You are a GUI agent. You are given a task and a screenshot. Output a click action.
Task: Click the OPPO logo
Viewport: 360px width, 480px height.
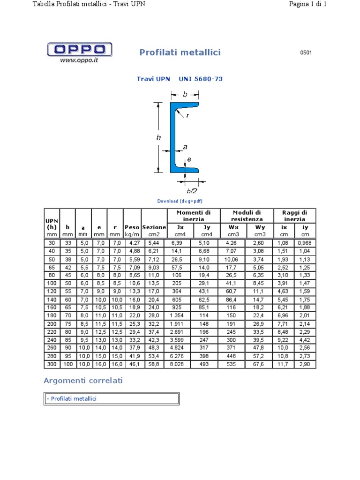click(80, 49)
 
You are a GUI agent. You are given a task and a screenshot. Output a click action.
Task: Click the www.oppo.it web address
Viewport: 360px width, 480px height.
click(79, 60)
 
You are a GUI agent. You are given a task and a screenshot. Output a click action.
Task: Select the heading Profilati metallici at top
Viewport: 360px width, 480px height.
click(180, 52)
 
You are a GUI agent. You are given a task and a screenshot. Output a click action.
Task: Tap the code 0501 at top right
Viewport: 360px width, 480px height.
click(306, 52)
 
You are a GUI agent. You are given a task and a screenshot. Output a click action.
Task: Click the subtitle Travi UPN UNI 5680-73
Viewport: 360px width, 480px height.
click(180, 79)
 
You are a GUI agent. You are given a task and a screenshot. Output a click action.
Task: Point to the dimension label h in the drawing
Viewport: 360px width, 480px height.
click(159, 137)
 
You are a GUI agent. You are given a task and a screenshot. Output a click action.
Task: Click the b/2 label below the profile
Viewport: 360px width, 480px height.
click(192, 191)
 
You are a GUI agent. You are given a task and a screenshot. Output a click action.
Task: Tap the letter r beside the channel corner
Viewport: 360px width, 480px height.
click(187, 115)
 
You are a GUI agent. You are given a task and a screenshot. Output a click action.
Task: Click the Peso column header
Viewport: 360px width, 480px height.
click(132, 227)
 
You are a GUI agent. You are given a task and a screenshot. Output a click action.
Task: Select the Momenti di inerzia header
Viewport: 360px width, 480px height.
click(193, 216)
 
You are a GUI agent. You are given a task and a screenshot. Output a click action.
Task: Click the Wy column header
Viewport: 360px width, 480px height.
click(260, 227)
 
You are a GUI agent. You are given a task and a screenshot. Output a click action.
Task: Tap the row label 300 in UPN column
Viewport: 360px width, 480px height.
click(52, 364)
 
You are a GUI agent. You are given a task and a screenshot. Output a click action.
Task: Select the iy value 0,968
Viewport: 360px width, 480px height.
click(306, 243)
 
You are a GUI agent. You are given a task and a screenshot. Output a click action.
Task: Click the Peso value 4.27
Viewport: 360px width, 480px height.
click(132, 243)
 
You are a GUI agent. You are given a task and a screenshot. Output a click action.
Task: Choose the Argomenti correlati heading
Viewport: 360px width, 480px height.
click(83, 380)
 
